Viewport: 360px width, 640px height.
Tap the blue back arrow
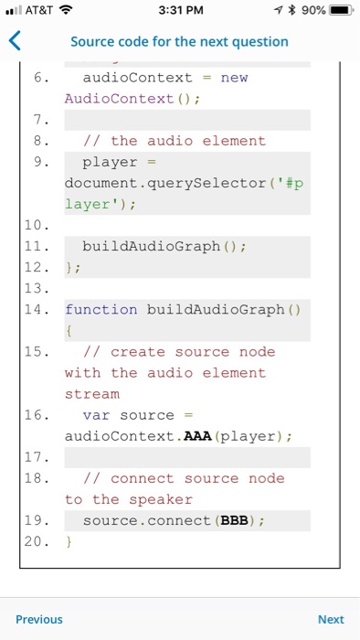[14, 41]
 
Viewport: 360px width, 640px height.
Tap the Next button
[331, 619]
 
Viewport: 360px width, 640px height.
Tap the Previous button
[39, 619]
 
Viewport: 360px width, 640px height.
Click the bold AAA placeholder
[197, 436]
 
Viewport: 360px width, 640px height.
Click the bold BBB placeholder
[229, 520]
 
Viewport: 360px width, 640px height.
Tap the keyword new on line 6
[234, 78]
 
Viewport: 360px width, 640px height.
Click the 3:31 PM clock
[179, 10]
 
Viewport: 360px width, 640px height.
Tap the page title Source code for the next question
[179, 41]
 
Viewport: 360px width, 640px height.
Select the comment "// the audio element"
[174, 141]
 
